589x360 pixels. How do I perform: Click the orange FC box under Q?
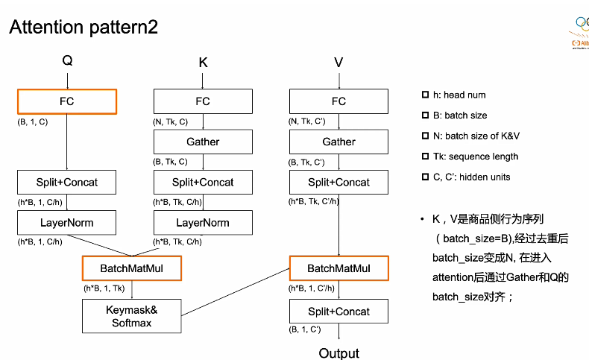pos(67,101)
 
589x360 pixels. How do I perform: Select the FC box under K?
pos(203,101)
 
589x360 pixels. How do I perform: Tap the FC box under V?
pos(338,101)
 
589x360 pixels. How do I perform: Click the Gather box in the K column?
pos(203,142)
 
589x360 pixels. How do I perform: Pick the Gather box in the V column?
pos(338,142)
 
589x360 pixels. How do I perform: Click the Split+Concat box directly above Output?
pos(338,311)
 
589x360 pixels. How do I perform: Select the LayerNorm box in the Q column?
pos(67,222)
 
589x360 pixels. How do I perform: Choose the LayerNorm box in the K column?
pos(203,222)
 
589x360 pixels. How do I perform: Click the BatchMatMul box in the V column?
pos(338,268)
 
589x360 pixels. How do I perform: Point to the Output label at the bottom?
pos(338,353)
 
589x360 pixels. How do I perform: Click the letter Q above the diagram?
pos(67,61)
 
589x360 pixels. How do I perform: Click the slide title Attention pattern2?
pos(84,28)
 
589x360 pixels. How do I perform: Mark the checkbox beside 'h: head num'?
pos(425,95)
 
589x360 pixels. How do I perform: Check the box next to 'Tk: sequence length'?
pos(425,157)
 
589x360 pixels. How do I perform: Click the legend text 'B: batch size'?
pos(459,116)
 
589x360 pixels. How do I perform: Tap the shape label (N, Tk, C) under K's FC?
pos(171,121)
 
